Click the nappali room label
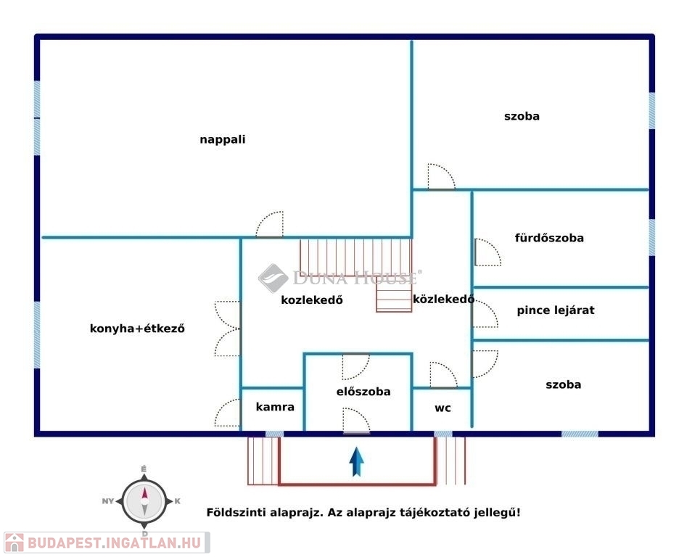pyautogui.click(x=223, y=140)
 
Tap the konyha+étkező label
pyautogui.click(x=137, y=329)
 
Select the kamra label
pyautogui.click(x=275, y=407)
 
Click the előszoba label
pyautogui.click(x=363, y=392)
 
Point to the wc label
pyautogui.click(x=443, y=408)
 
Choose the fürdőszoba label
pyautogui.click(x=549, y=238)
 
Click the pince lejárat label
pyautogui.click(x=556, y=310)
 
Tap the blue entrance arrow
pyautogui.click(x=357, y=462)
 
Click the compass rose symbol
pyautogui.click(x=144, y=500)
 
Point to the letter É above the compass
pyautogui.click(x=144, y=470)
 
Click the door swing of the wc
pyautogui.click(x=443, y=375)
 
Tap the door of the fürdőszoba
pyautogui.click(x=485, y=252)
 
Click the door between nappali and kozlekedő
pyautogui.click(x=269, y=225)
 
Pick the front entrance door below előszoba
pyautogui.click(x=356, y=421)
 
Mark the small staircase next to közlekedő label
pyautogui.click(x=394, y=296)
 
